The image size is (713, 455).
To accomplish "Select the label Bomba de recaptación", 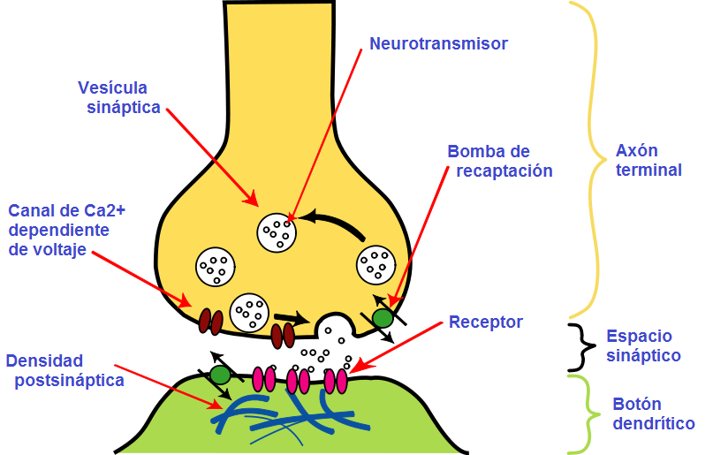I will tap(499, 161).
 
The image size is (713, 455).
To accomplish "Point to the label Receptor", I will tap(485, 322).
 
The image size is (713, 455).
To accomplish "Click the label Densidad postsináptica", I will tap(64, 371).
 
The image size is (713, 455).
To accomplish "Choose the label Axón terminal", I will tap(649, 160).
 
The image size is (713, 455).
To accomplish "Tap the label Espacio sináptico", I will tap(643, 346).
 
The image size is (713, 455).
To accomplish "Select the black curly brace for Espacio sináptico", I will tap(580, 346).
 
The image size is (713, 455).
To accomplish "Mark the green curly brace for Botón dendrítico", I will tap(580, 414).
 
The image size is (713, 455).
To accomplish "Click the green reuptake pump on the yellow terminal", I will tap(382, 317).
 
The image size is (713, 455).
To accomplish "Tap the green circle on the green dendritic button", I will tap(220, 375).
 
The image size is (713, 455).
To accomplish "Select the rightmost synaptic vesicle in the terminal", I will tap(375, 263).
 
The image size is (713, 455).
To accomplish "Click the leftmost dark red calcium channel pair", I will tap(210, 322).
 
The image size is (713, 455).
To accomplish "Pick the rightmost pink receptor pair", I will tap(336, 381).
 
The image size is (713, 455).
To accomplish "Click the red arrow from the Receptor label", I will tap(398, 346).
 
